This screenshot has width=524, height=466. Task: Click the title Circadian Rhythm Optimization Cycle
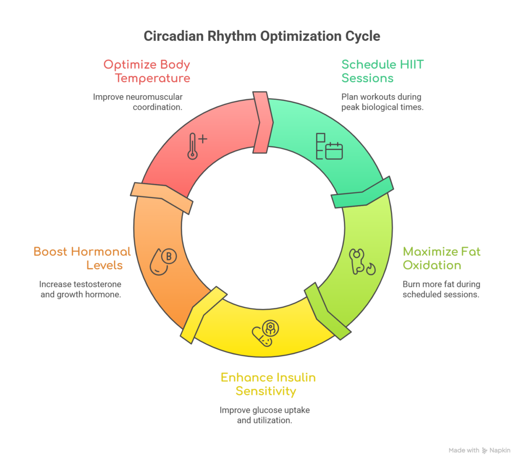(x=261, y=37)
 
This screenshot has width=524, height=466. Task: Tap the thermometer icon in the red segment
(x=193, y=146)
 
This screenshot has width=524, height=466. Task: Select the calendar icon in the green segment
(x=329, y=146)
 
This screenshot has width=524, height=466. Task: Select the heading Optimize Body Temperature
(x=147, y=72)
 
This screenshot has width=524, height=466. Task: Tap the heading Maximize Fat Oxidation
(x=442, y=258)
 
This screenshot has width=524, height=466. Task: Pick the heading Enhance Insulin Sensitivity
(x=268, y=384)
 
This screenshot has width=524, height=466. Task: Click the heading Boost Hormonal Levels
(x=82, y=258)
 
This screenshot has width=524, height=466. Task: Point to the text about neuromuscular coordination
(x=138, y=101)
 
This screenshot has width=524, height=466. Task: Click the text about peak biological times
(x=382, y=101)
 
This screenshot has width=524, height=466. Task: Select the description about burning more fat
(x=441, y=290)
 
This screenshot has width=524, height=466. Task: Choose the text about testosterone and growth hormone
(x=80, y=290)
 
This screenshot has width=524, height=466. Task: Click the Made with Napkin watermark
(x=479, y=451)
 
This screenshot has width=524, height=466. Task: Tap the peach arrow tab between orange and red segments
(x=162, y=196)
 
